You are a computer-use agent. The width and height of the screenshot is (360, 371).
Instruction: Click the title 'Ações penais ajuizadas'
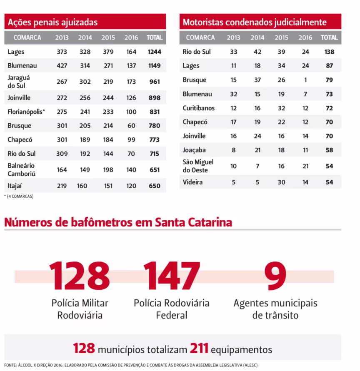point(52,22)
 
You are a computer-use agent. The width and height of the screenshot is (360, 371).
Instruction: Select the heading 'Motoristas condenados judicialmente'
point(255,22)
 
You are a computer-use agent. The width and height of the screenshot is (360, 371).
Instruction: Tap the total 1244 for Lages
point(154,52)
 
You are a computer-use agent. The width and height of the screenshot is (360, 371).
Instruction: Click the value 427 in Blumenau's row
point(62,66)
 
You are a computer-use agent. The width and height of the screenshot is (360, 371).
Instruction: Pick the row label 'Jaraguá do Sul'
point(19,82)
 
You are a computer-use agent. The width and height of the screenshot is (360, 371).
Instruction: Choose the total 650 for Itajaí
point(154,186)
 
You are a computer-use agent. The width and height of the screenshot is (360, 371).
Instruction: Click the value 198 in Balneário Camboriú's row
point(108,169)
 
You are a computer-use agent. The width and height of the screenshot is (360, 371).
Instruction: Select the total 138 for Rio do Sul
point(329,52)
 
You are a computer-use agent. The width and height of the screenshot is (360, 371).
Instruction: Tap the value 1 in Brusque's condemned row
point(305,80)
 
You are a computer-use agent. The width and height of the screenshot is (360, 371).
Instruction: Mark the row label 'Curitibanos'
point(199,108)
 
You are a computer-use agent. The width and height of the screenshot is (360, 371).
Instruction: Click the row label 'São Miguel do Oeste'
point(198,166)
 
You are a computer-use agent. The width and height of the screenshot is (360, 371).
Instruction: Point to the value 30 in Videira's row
point(281,182)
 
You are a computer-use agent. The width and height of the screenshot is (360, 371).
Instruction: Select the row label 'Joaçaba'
point(194,150)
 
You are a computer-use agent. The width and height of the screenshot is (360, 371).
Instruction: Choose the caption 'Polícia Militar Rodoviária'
point(80,309)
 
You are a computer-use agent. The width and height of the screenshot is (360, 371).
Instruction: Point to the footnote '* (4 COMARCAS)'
point(19,196)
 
